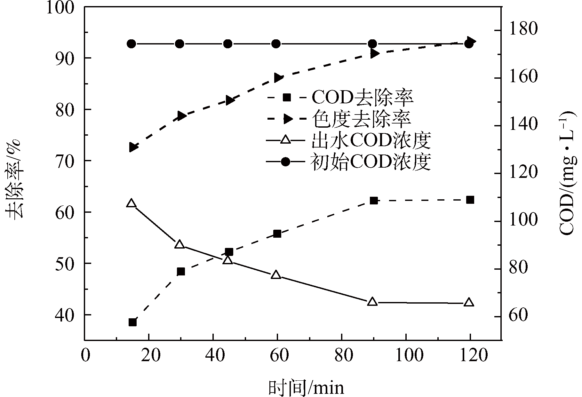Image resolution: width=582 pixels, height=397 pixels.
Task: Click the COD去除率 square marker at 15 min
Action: tap(132, 322)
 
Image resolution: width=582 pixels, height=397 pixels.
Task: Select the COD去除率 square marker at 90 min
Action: tap(373, 201)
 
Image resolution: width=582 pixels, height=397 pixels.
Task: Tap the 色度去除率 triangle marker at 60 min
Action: tap(277, 78)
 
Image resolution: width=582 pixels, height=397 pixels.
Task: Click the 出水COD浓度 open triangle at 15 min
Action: tap(131, 203)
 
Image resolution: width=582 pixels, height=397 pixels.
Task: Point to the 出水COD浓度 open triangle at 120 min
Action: tap(469, 302)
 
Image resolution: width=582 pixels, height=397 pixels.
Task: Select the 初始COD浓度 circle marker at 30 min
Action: tap(180, 44)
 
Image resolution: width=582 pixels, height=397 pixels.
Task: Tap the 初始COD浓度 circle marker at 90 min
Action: tap(372, 44)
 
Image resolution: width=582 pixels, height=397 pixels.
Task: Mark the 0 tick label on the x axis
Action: tap(85, 355)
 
